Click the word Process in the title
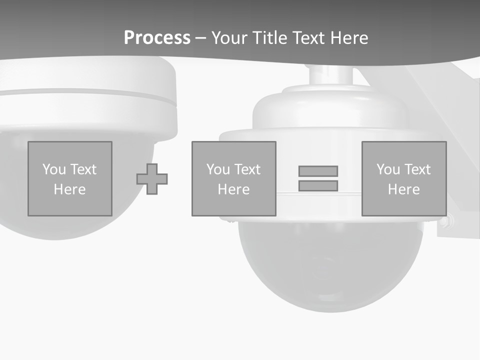click(157, 38)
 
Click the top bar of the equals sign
click(318, 171)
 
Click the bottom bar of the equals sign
click(318, 185)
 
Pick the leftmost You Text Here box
click(70, 178)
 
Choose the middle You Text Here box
click(233, 178)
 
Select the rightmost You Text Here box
click(404, 178)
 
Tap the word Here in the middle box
click(233, 189)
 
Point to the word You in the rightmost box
click(388, 169)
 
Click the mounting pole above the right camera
click(330, 75)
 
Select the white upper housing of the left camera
click(90, 110)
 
